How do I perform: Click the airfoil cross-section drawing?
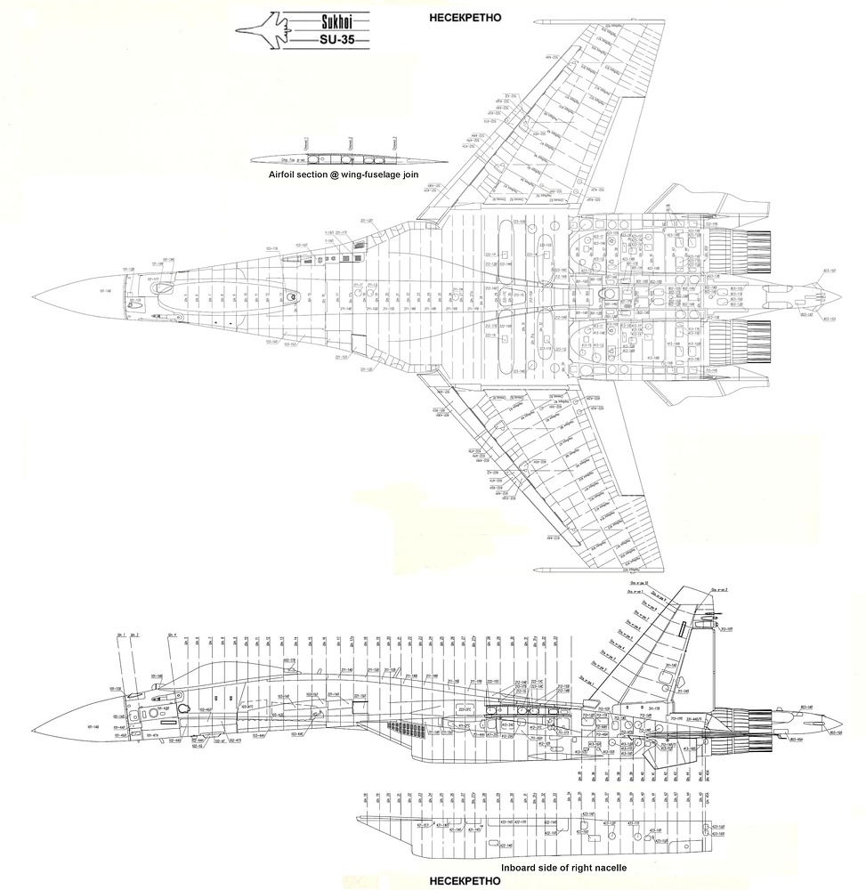pos(347,158)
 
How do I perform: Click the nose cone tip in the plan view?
pos(31,298)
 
